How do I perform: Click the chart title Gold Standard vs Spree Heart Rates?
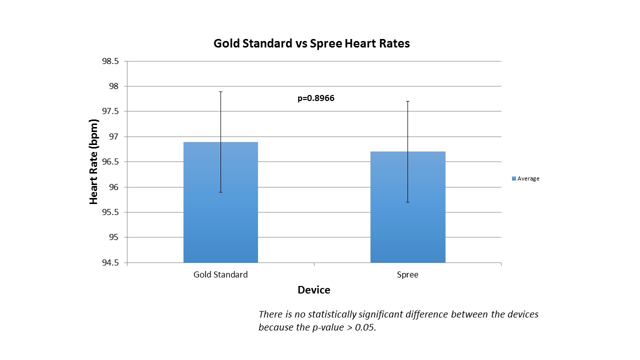[x=311, y=43]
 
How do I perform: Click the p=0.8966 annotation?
[x=316, y=98]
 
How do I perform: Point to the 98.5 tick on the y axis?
[x=110, y=61]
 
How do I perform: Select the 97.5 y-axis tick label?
[x=110, y=111]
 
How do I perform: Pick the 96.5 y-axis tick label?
[x=110, y=162]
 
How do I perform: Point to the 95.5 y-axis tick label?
[x=110, y=212]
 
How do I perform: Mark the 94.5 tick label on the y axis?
[x=110, y=262]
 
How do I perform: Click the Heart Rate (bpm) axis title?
[x=93, y=162]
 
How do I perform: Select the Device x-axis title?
[x=313, y=290]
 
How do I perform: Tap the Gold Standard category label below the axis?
[x=220, y=274]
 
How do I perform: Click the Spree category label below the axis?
[x=407, y=274]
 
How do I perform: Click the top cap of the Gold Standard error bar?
[x=220, y=92]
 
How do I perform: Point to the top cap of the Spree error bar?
[x=407, y=101]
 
